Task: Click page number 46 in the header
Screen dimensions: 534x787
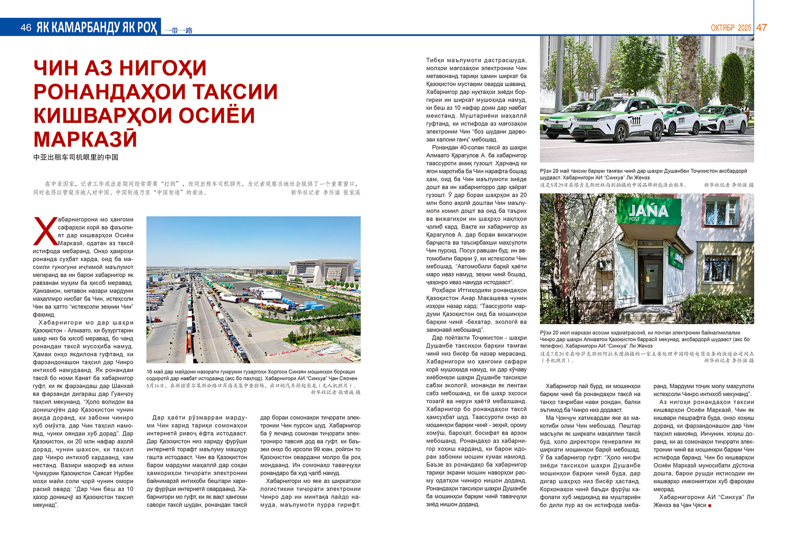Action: pos(25,27)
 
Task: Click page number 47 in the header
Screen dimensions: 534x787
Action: pos(762,27)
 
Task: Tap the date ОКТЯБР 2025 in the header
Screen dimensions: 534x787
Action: pos(731,28)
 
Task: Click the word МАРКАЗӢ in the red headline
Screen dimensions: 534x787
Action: pos(85,139)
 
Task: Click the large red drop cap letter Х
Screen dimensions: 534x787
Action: pos(45,231)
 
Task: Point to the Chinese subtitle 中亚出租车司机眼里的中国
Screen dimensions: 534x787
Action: pos(76,157)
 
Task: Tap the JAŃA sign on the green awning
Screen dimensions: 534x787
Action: pos(648,211)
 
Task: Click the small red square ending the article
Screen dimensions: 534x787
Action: pos(710,505)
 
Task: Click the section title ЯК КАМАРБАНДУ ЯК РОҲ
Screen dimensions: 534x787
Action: pos(97,27)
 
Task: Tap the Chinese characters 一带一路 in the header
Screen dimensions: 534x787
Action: pos(178,30)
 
